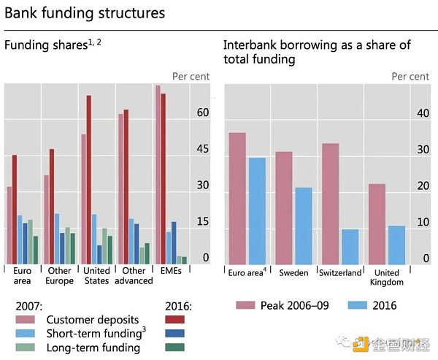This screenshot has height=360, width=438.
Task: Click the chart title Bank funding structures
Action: click(x=85, y=13)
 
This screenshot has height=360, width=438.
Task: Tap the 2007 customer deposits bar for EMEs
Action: click(x=157, y=175)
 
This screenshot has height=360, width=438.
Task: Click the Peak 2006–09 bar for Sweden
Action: click(x=284, y=208)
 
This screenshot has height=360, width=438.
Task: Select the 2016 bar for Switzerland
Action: click(x=350, y=247)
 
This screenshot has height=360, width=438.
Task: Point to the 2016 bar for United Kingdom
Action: click(x=396, y=245)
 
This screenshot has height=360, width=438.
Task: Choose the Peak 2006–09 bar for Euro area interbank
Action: click(x=237, y=199)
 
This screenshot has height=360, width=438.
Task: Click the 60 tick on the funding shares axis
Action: click(x=202, y=112)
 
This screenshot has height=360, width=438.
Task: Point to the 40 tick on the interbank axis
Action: click(x=422, y=113)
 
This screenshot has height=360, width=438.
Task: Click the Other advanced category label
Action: click(x=134, y=276)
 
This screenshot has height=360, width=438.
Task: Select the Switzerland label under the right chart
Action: click(x=340, y=272)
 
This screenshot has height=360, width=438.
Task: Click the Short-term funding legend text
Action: click(x=93, y=334)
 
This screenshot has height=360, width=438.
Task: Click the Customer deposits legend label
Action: click(x=92, y=320)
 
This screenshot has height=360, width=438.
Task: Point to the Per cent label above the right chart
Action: click(x=410, y=76)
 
